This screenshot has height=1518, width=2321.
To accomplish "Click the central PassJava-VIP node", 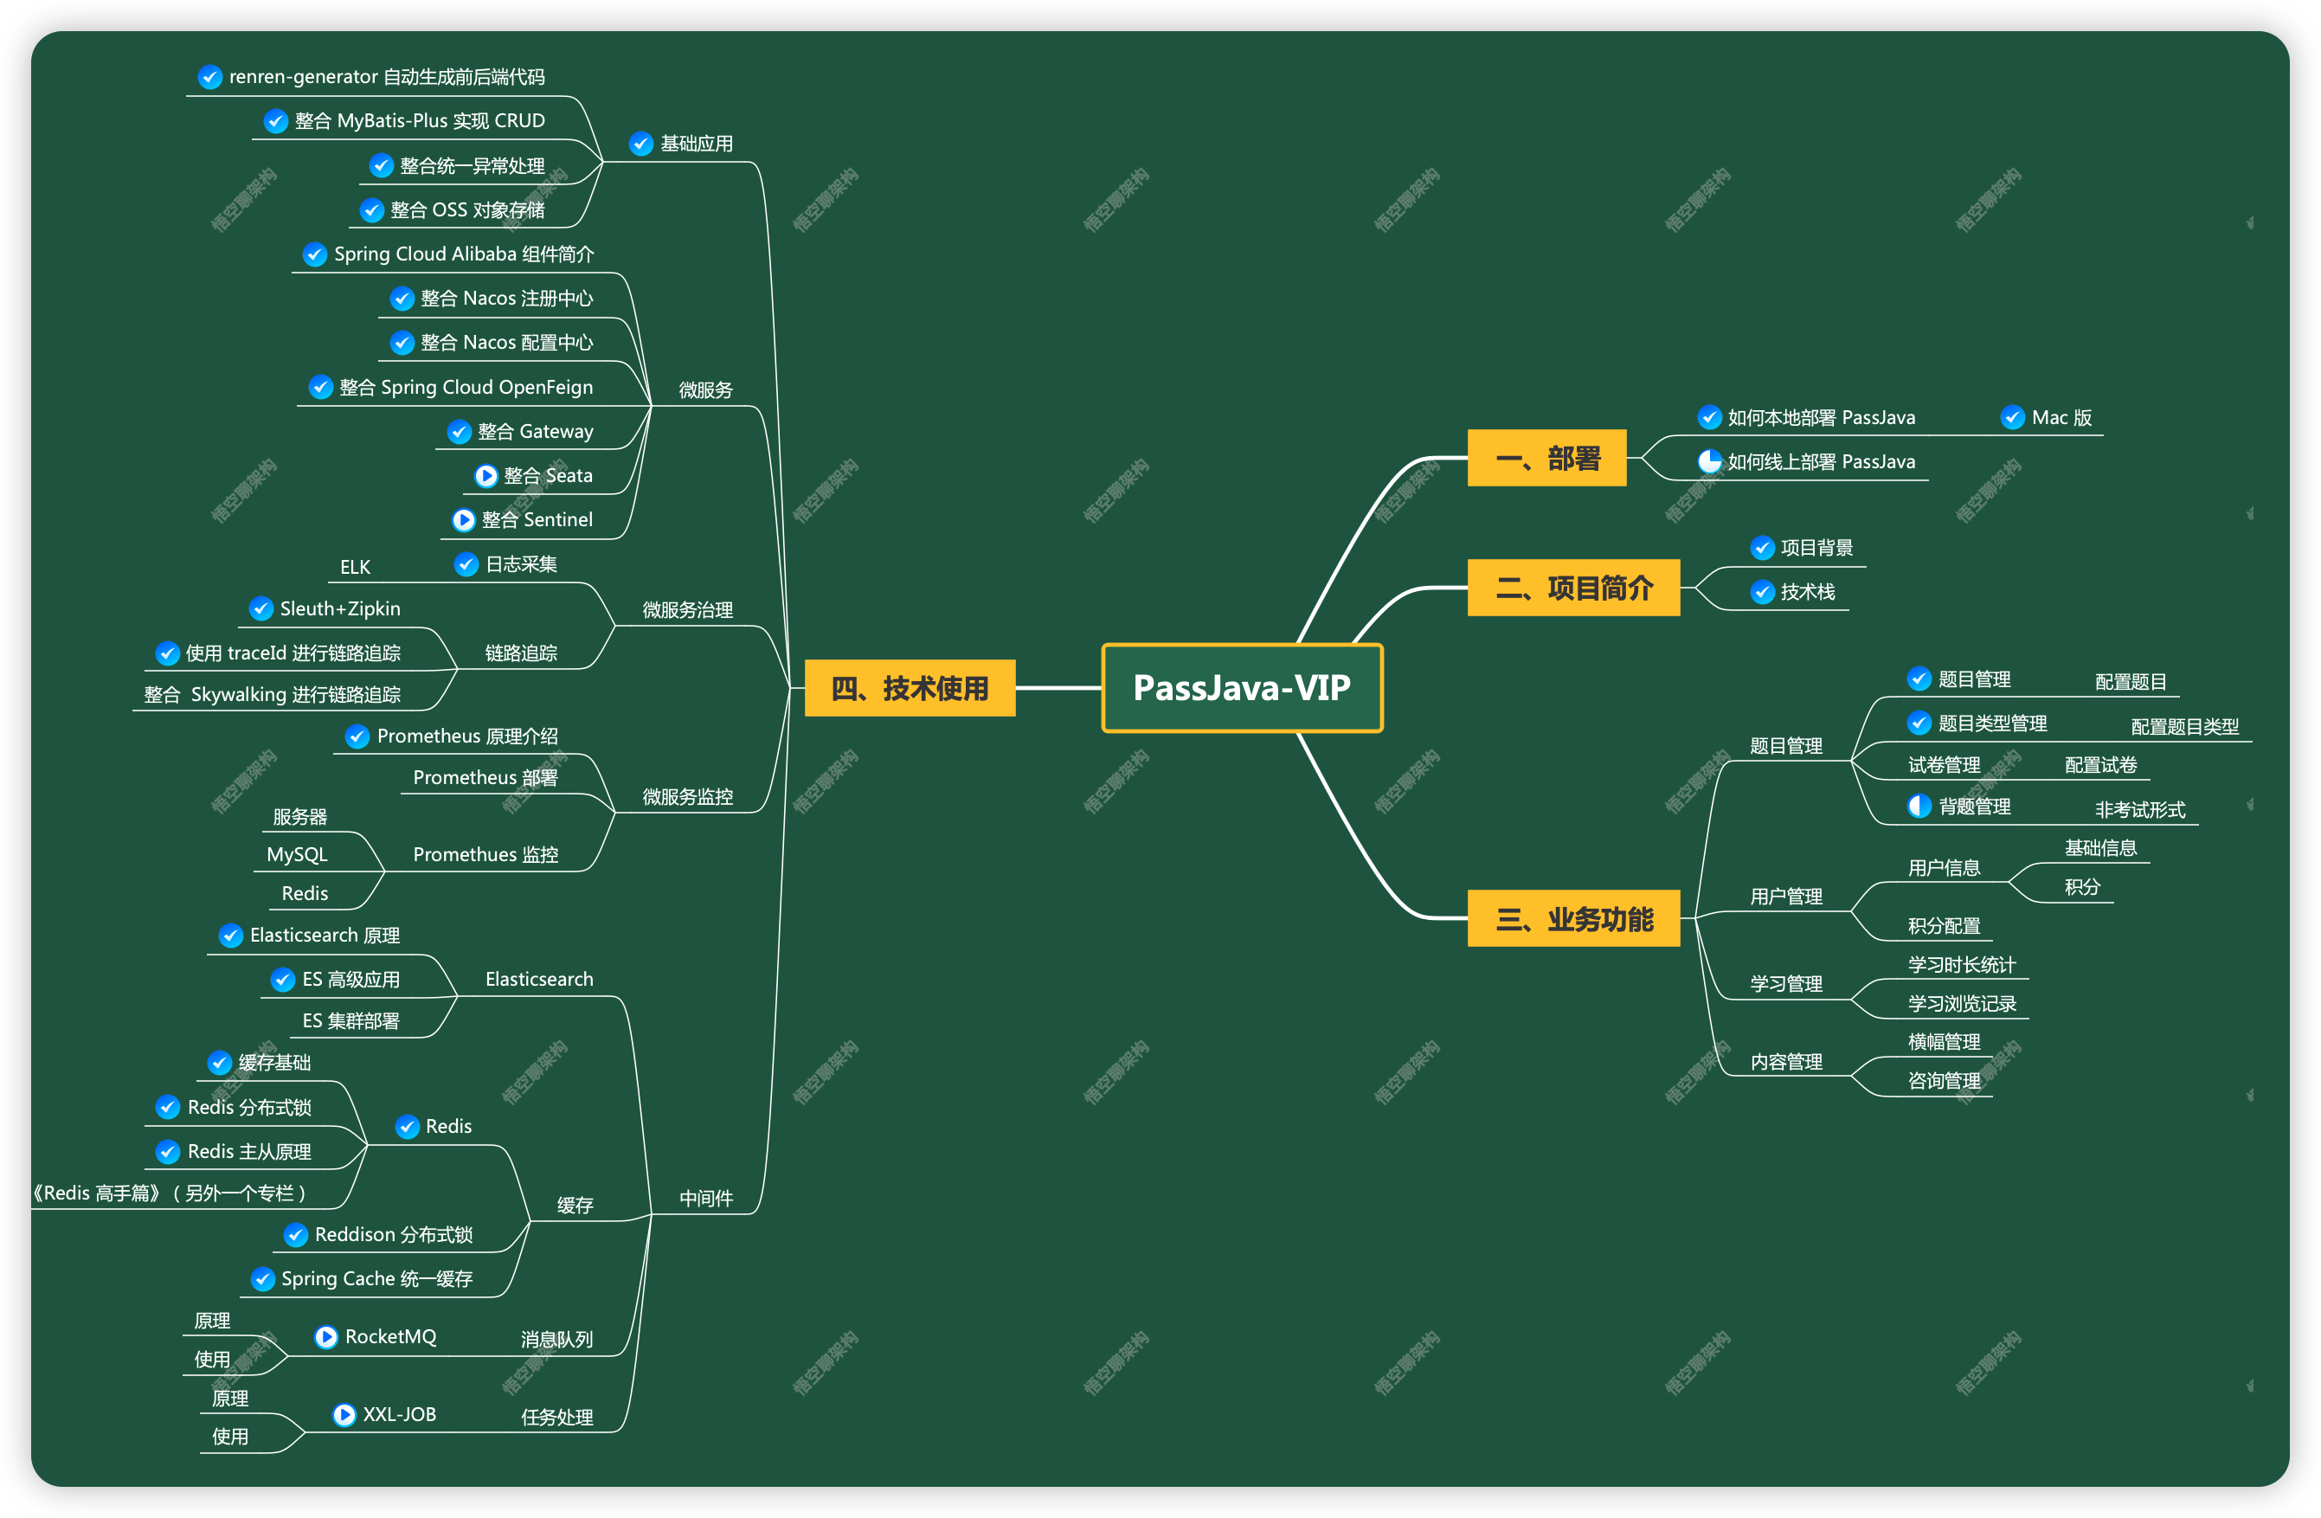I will point(1242,688).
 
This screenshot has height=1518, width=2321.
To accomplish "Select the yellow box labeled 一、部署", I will point(1546,458).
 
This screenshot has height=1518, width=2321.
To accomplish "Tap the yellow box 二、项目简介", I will point(1573,588).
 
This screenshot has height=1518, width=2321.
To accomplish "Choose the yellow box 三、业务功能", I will point(1573,918).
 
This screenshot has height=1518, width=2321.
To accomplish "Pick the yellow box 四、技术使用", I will point(909,688).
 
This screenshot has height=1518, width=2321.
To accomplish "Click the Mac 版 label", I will point(2061,417).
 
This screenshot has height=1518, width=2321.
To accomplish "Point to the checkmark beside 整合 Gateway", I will point(460,431).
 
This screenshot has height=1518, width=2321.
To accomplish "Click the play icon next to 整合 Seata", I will point(485,476).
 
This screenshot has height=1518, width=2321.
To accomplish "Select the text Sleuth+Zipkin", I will point(339,608).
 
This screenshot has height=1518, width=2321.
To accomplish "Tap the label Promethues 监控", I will point(485,854).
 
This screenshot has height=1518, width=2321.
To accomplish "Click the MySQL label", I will point(297,854).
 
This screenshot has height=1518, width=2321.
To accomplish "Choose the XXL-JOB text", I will point(399,1415).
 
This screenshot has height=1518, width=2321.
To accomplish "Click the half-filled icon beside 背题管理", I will point(1919,806).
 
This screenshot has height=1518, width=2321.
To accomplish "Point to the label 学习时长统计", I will point(1961,965).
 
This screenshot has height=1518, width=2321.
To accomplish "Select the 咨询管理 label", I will point(1944,1081).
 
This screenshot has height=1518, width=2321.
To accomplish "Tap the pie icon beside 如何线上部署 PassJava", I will point(1709,461).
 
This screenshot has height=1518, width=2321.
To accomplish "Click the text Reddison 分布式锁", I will point(393,1235).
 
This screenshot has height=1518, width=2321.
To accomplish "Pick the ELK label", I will point(355,567).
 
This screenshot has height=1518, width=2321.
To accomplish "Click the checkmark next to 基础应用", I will point(640,144).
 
